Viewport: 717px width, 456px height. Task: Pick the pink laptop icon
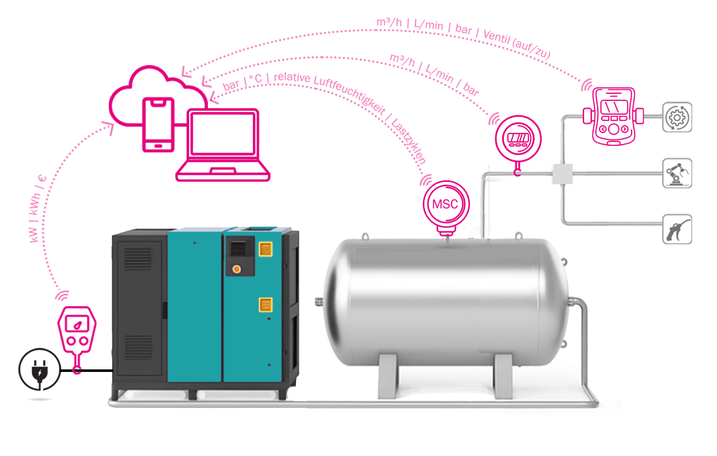223,145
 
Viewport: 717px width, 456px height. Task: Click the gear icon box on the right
677,118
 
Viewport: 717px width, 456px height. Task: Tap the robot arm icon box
677,173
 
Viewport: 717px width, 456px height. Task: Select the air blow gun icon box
677,229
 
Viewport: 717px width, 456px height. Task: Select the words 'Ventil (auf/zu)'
518,41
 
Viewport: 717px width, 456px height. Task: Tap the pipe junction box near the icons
561,173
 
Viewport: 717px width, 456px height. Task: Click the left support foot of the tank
390,375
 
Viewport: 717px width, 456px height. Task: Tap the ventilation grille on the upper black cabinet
138,261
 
